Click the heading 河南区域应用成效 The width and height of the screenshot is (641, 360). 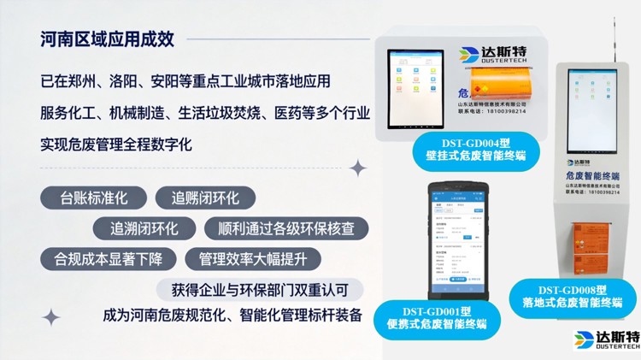pos(107,38)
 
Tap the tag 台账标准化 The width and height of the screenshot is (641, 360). pos(93,198)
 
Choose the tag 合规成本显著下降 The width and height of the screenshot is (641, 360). pos(109,258)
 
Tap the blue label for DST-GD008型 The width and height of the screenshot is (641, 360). pos(572,295)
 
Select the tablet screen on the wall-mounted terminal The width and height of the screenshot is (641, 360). pos(415,85)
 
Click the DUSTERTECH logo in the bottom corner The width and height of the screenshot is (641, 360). pos(606,342)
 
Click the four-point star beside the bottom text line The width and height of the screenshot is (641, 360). pos(51,317)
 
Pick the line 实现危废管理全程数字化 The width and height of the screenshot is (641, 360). pos(116,144)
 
